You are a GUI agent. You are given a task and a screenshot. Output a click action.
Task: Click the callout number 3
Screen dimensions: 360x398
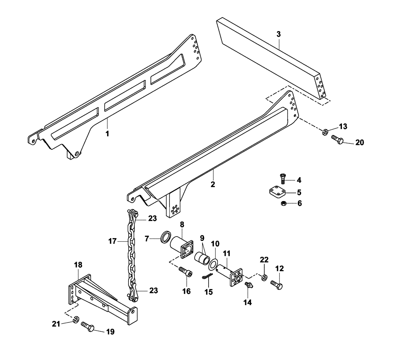[279, 34]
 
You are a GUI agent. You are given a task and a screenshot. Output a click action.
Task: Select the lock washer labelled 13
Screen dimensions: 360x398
[325, 132]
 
